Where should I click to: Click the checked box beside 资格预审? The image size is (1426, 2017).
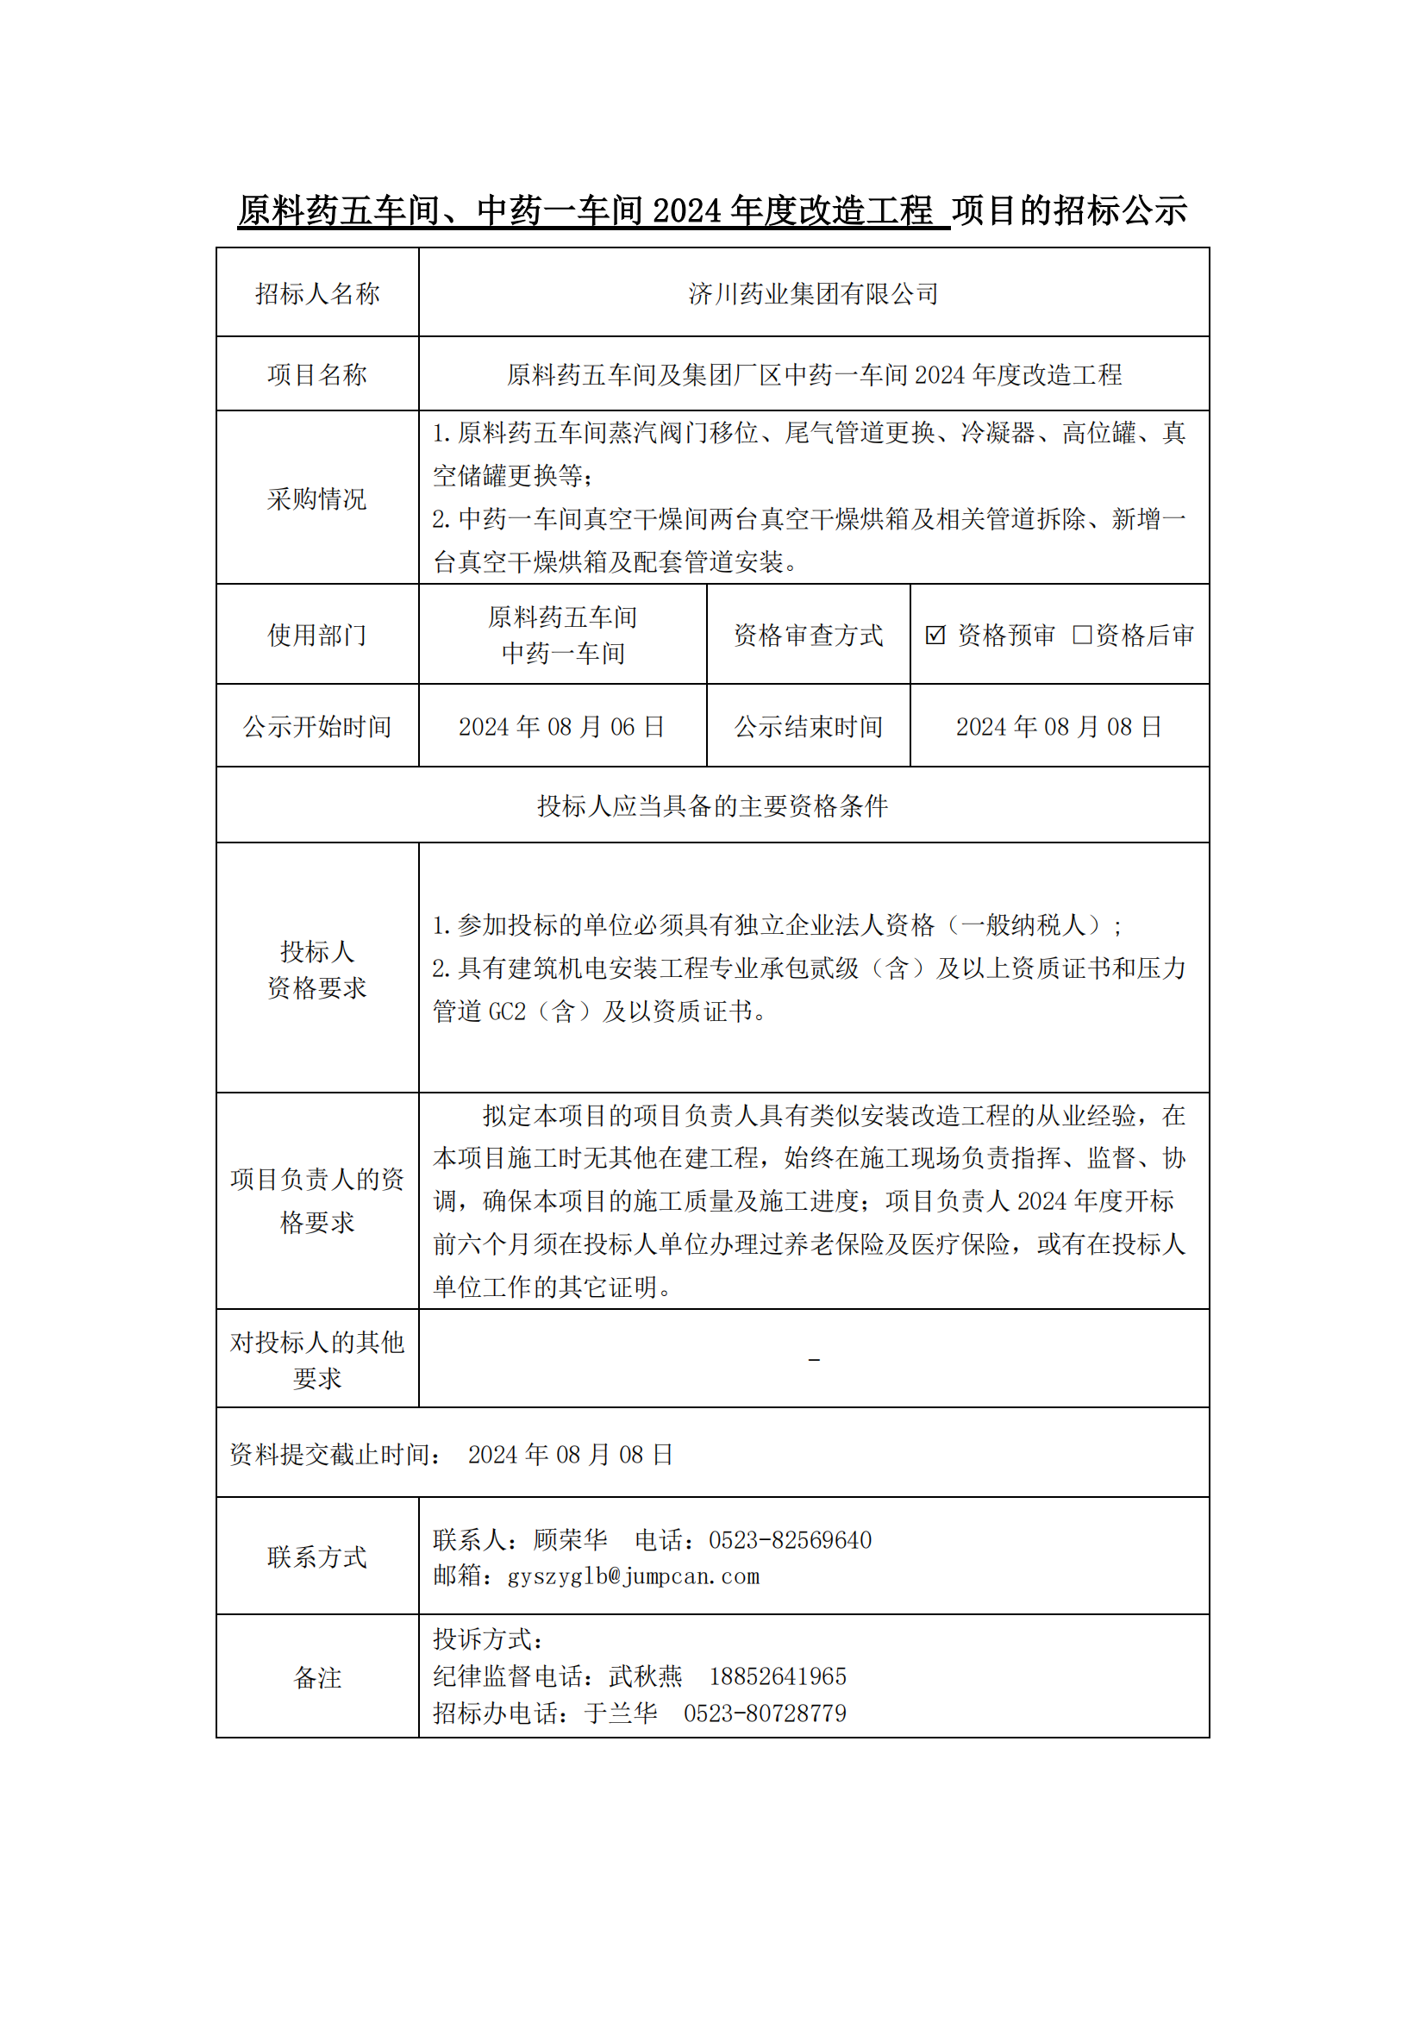[x=935, y=635]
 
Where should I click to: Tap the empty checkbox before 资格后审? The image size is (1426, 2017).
[x=1082, y=635]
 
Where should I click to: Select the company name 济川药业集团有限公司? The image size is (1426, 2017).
[x=813, y=293]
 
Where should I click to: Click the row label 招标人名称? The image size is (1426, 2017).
[x=317, y=293]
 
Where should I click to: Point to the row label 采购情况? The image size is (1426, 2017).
[x=317, y=498]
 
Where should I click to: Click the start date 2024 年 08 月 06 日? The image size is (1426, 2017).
[x=562, y=726]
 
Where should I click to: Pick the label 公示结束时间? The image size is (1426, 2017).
[x=808, y=726]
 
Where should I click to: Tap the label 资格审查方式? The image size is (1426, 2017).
[x=808, y=635]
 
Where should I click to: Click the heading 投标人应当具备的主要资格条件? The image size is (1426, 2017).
[x=712, y=805]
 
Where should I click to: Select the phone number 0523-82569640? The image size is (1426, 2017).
[x=790, y=1540]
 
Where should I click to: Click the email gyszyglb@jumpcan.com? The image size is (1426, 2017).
[x=633, y=1576]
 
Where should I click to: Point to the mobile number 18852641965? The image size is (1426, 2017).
[x=777, y=1676]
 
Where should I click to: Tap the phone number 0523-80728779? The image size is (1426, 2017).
[x=765, y=1713]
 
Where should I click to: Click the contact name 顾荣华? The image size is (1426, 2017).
[x=570, y=1540]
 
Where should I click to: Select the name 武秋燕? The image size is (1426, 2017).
[x=646, y=1676]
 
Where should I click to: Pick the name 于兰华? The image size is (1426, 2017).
[x=621, y=1713]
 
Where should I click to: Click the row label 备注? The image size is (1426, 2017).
[x=317, y=1677]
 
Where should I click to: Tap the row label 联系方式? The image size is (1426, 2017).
[x=317, y=1557]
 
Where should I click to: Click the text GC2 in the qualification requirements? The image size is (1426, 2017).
[x=507, y=1012]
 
